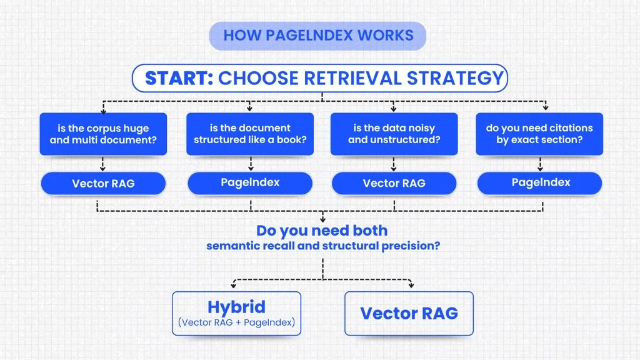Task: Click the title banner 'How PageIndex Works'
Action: (317, 36)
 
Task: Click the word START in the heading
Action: (179, 78)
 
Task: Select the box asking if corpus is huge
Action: (103, 134)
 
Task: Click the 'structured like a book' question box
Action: (249, 134)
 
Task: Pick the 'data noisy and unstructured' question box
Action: (394, 134)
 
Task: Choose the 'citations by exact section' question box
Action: (539, 134)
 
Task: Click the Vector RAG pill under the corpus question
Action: (103, 184)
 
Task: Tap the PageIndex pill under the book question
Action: (249, 182)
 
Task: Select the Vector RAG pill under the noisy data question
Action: (394, 184)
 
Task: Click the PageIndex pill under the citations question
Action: (540, 182)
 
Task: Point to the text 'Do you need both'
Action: (322, 231)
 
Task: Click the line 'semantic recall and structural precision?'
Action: (322, 246)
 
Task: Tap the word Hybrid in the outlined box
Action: (236, 307)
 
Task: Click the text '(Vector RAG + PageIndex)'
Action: (236, 322)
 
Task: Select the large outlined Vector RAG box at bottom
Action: (409, 313)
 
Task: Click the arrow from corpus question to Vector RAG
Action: (103, 164)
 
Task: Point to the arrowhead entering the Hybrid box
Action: (234, 286)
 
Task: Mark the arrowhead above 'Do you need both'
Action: (322, 219)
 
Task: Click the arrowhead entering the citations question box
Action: (546, 108)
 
